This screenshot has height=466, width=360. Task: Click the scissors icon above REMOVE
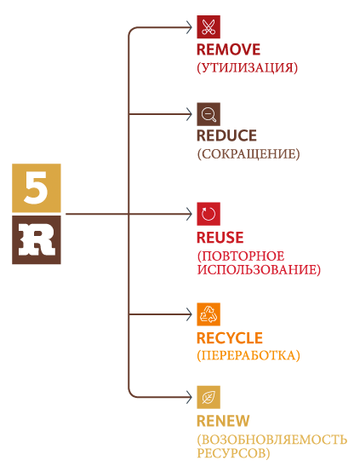coord(209,26)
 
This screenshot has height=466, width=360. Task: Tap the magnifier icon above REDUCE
coord(209,114)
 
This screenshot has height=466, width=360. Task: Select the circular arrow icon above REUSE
coord(209,214)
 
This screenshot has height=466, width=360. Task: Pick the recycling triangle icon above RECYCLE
coord(209,314)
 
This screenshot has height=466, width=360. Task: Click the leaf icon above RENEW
coord(209,397)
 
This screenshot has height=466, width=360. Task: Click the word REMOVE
coord(229,49)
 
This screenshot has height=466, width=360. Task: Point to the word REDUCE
coord(226,135)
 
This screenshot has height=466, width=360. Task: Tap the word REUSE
coord(220,238)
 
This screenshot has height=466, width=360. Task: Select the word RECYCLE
coord(230,338)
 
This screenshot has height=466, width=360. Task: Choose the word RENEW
coord(223,421)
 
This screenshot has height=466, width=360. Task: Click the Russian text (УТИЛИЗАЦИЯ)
coord(247,68)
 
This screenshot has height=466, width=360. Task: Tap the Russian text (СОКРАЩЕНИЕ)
coord(249,154)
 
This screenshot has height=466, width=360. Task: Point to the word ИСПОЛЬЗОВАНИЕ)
coord(259,270)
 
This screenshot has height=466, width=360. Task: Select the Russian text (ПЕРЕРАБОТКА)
coord(249,355)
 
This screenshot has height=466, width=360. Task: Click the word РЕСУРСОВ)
coord(233,453)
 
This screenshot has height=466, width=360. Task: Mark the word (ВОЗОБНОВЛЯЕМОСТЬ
coord(271,440)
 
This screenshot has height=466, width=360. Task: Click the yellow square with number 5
coord(37,187)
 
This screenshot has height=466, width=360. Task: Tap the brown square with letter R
coord(37,240)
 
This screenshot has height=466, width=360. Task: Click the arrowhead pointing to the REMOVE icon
coord(189,27)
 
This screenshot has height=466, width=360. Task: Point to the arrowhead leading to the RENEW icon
coord(189,397)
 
